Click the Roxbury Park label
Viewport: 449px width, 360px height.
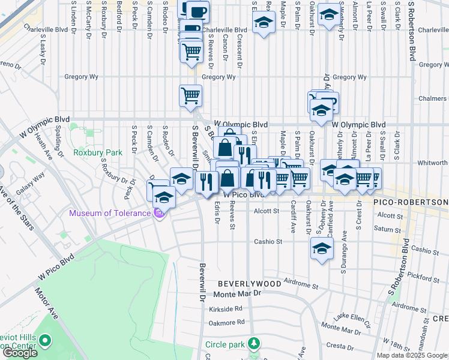(97, 152)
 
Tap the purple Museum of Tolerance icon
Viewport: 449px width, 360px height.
(159, 213)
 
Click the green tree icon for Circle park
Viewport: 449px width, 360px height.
(255, 344)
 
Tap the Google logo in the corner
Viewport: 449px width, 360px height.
(20, 353)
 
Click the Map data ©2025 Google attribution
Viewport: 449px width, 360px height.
(412, 355)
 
